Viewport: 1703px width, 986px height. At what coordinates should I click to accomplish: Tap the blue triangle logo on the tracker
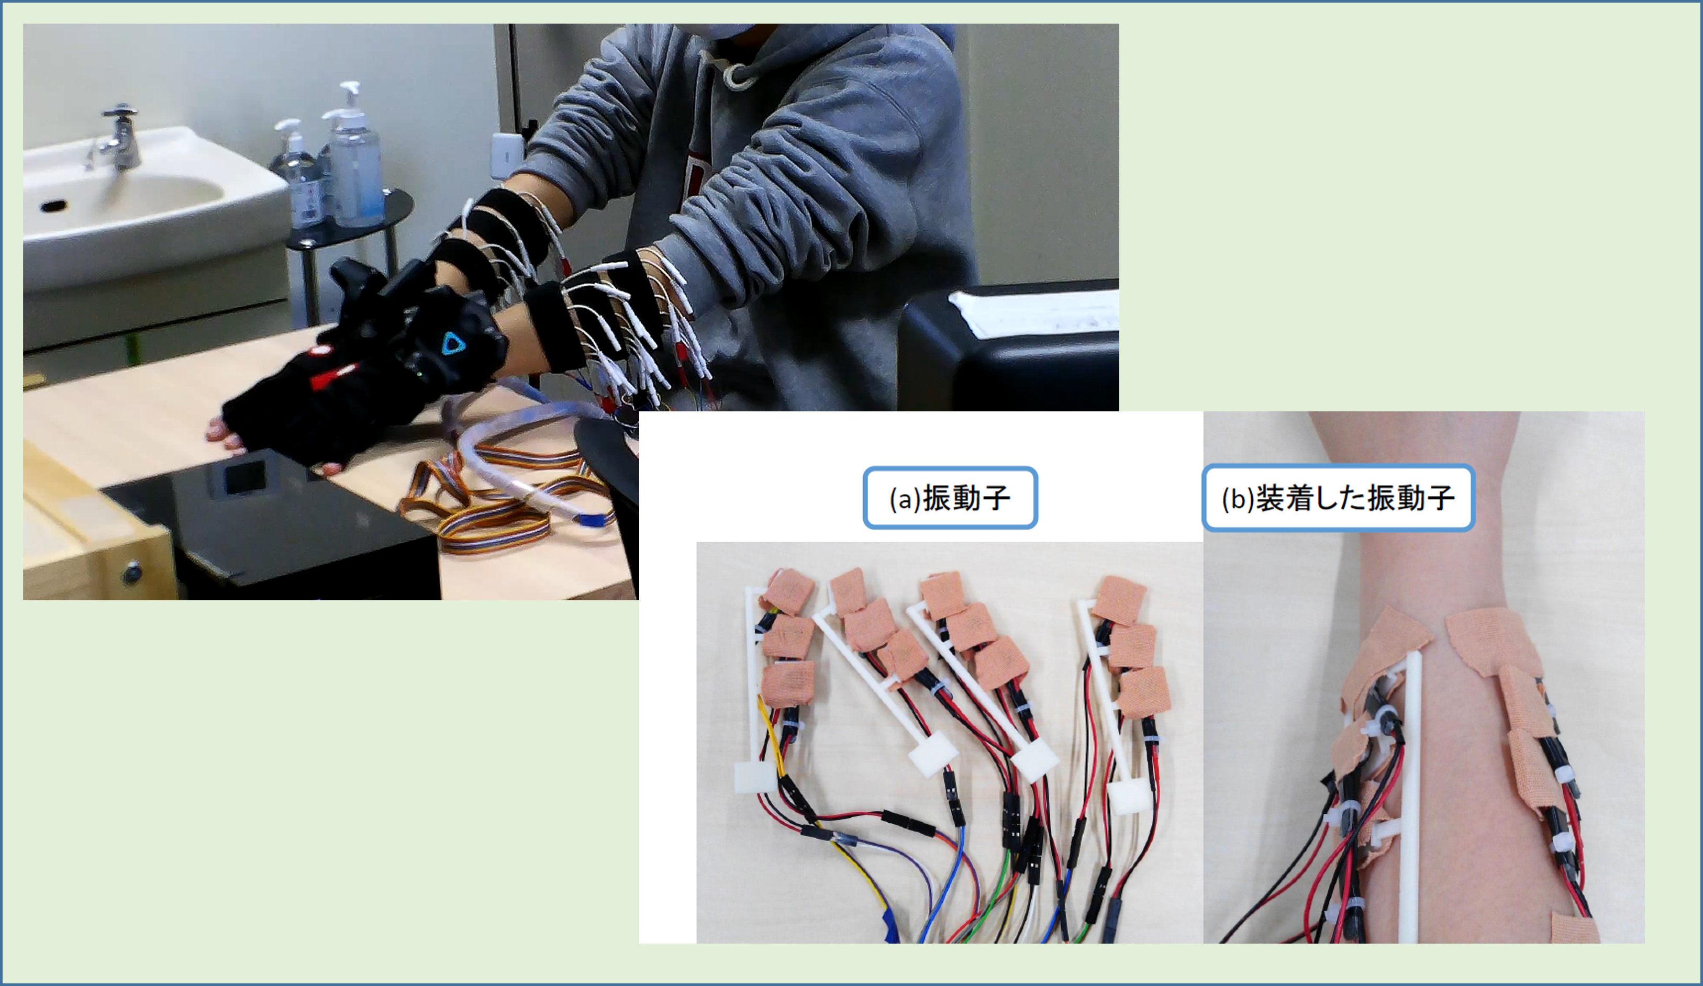coord(453,344)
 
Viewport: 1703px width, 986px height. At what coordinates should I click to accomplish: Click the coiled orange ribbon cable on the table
coord(493,500)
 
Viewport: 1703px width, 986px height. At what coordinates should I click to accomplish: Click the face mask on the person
coord(737,31)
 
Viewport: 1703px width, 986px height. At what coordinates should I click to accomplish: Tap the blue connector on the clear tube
coord(592,520)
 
